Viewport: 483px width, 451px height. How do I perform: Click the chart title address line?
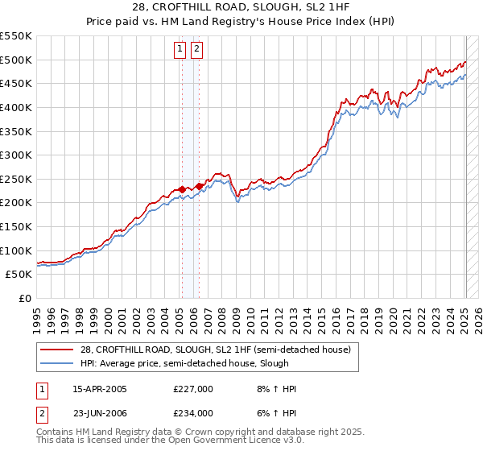(x=241, y=7)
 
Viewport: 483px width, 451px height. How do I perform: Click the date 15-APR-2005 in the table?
(x=100, y=389)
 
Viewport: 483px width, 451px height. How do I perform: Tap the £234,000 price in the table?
(x=193, y=413)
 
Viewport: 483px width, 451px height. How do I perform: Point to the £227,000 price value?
(x=193, y=389)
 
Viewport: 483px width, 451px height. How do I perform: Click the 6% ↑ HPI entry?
(x=274, y=413)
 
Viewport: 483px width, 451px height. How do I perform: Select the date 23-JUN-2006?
(x=100, y=413)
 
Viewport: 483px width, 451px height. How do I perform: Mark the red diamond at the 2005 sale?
(x=182, y=189)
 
